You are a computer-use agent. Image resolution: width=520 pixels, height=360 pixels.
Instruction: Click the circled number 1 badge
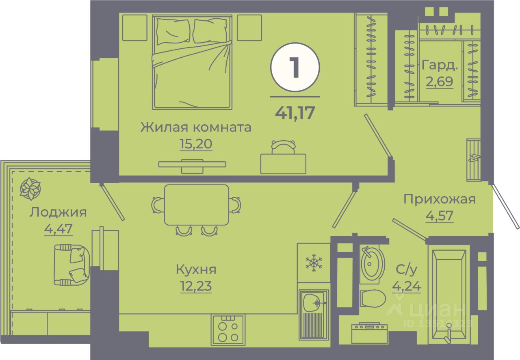295,67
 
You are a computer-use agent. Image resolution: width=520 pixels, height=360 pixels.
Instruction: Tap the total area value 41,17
295,113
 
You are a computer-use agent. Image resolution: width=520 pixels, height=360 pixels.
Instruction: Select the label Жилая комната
196,127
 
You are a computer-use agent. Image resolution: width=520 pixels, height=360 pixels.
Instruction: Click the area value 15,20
196,144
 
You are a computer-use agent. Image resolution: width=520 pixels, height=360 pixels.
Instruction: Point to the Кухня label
196,269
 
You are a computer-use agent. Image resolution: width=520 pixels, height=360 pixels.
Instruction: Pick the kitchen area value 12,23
196,286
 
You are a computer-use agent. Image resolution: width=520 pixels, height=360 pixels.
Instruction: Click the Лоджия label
58,212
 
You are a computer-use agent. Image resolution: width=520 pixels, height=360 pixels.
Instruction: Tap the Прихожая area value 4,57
439,216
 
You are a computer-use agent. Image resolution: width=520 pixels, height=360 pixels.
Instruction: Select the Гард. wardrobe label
440,65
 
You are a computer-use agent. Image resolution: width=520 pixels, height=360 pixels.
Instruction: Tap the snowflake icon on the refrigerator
314,263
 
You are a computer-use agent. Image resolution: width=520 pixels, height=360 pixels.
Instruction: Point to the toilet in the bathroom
373,299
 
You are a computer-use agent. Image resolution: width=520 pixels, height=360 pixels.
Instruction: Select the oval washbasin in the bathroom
372,265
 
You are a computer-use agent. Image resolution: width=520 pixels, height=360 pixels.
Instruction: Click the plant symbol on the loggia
31,189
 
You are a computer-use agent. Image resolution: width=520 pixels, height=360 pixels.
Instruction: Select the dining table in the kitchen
197,204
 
